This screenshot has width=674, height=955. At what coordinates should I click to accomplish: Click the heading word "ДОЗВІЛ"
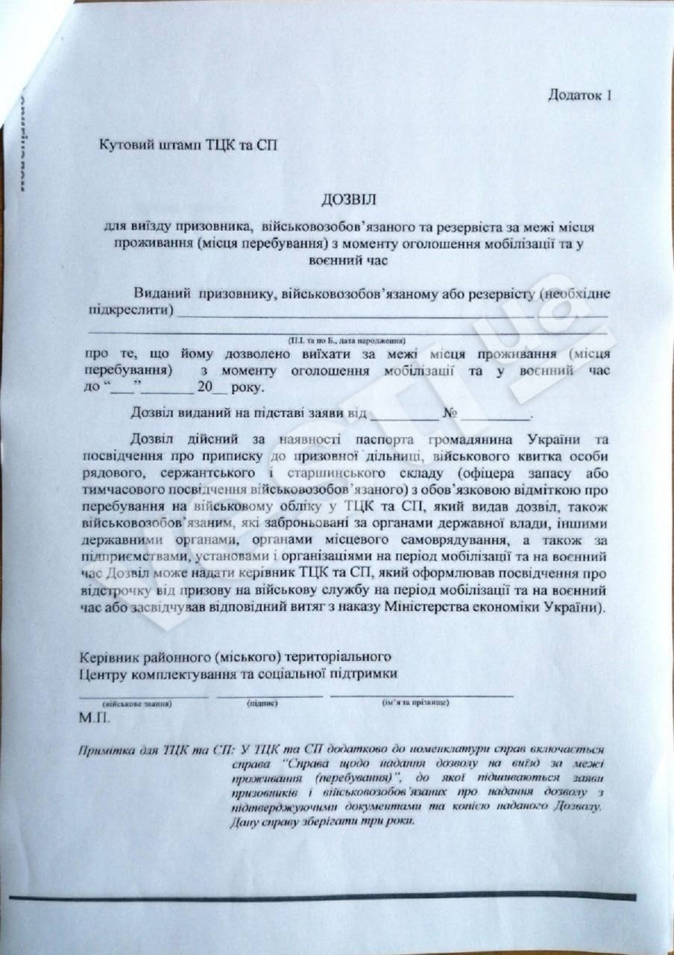[350, 200]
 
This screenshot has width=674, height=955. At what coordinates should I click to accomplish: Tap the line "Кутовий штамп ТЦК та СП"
[188, 145]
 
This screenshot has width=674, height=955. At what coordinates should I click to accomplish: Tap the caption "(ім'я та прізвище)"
[415, 703]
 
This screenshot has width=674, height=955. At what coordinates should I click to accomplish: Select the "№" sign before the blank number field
[449, 413]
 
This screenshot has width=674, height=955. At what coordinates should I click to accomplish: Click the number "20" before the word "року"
[201, 387]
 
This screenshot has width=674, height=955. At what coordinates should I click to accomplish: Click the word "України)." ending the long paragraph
[577, 607]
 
